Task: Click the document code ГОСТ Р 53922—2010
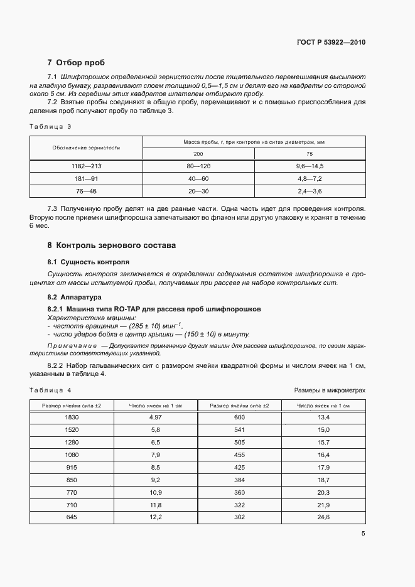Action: (x=330, y=43)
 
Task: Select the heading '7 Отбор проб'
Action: (x=76, y=63)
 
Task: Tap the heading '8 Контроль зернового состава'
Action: (x=112, y=245)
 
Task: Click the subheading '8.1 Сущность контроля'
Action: (x=89, y=261)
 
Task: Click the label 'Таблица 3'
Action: (x=51, y=126)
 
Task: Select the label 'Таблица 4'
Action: (x=51, y=390)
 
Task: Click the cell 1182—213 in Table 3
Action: (x=87, y=166)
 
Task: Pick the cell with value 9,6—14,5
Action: (x=310, y=166)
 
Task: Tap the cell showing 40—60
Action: (x=198, y=178)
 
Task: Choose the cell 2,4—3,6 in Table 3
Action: (x=310, y=190)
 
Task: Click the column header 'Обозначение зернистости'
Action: (x=87, y=148)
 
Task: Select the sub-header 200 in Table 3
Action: (x=198, y=154)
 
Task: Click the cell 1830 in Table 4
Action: (x=72, y=417)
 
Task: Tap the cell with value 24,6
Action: (x=323, y=517)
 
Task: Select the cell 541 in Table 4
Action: (x=239, y=429)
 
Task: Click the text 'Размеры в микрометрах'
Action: (x=330, y=390)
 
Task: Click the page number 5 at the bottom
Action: (x=363, y=534)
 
